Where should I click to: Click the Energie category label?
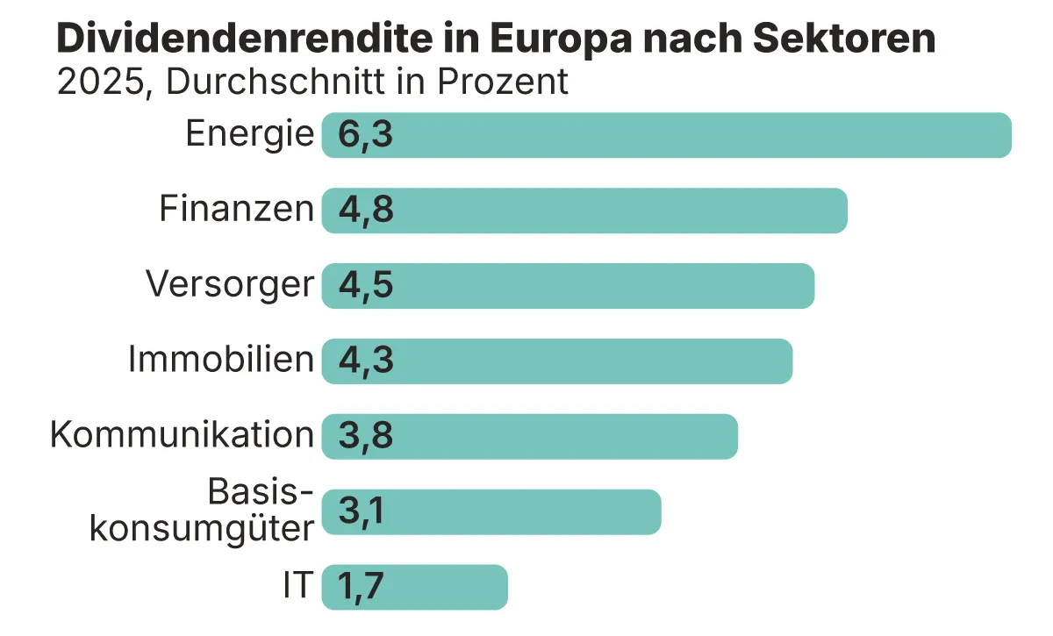(x=249, y=134)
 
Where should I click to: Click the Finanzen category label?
(x=236, y=210)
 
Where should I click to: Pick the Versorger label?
(x=229, y=285)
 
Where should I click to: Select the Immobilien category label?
(x=220, y=360)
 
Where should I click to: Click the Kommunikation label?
(x=182, y=435)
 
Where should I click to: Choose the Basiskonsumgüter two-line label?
(x=202, y=511)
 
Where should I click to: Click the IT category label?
(x=297, y=586)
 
